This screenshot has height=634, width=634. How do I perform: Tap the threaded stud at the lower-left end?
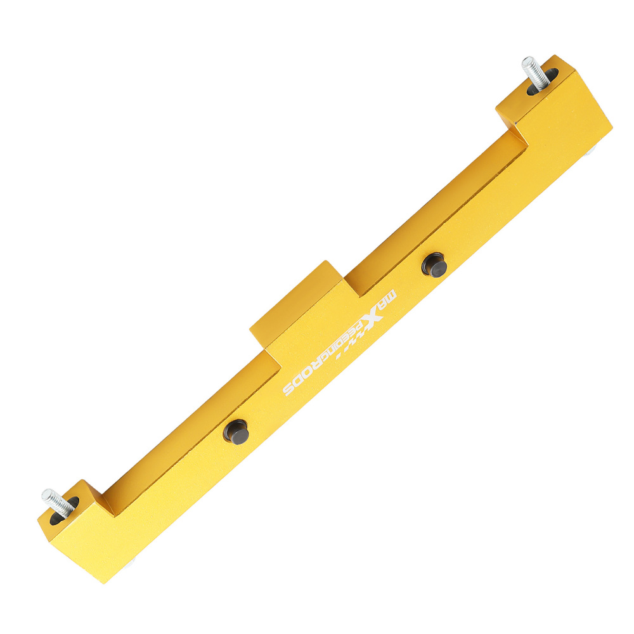point(53,500)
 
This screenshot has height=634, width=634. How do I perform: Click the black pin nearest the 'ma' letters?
point(435,264)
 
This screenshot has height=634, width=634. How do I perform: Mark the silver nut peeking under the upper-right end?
point(590,153)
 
